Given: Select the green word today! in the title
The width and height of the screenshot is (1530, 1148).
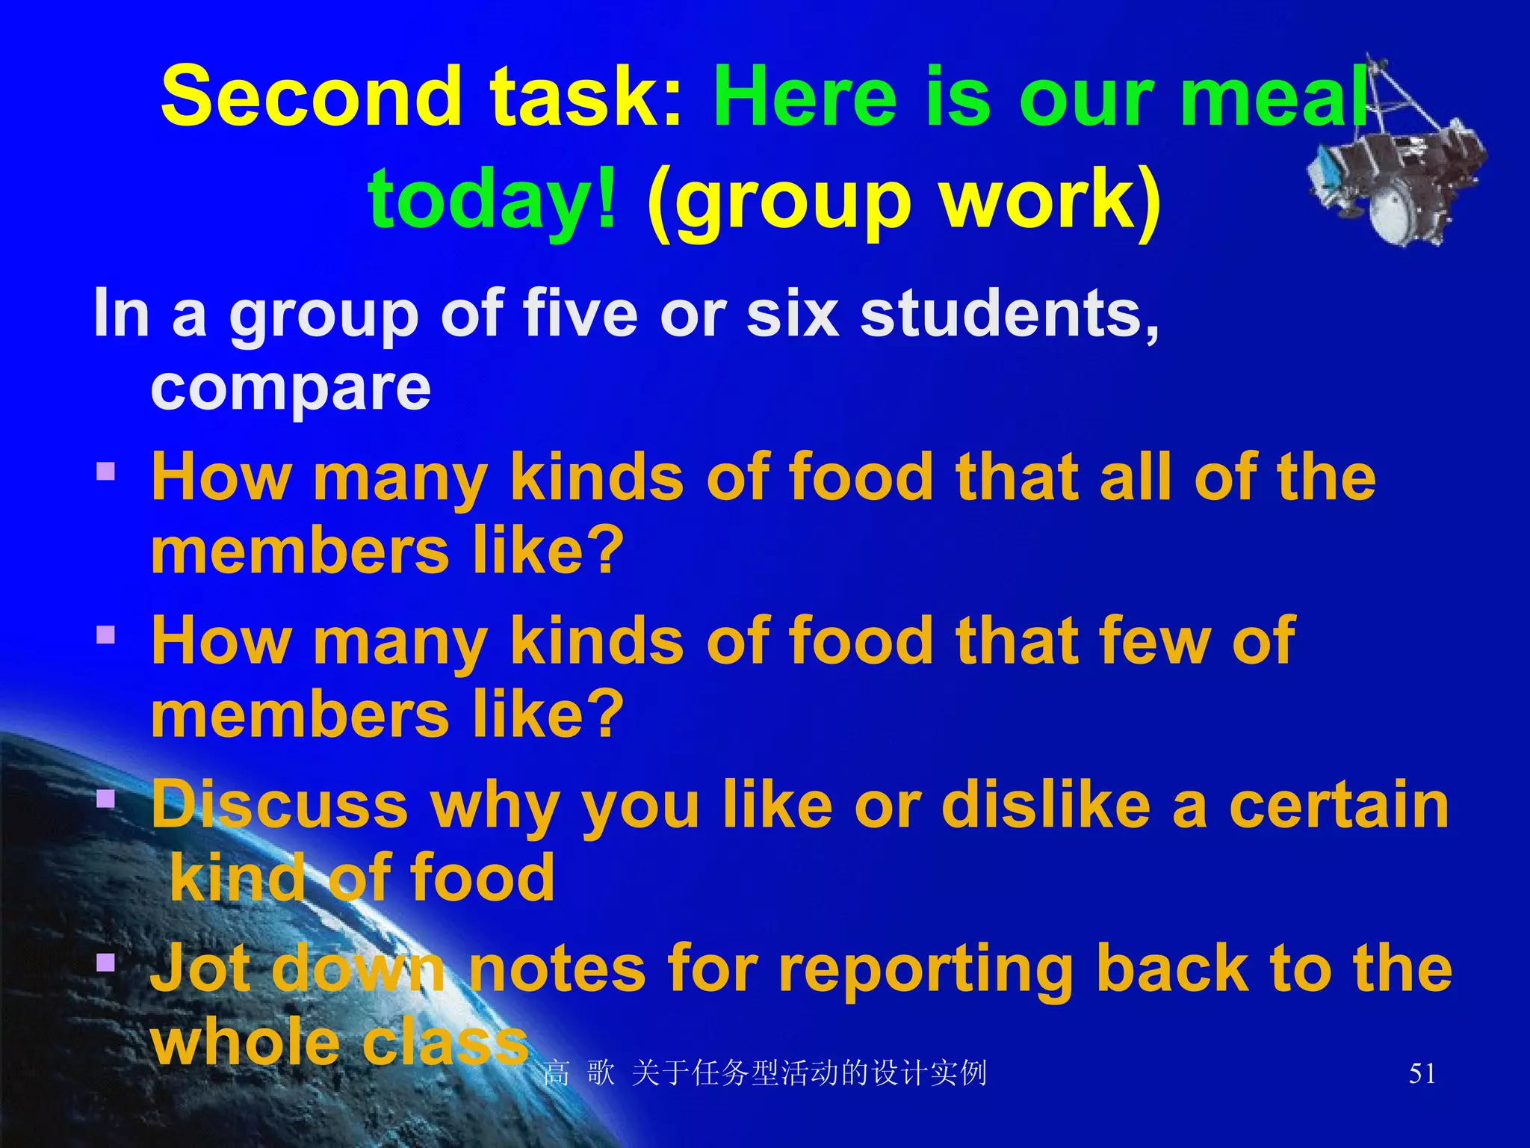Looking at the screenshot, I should click(x=493, y=199).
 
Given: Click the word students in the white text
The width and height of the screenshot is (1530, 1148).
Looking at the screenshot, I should click(x=1009, y=314).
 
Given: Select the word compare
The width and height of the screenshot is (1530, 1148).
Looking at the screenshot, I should click(x=291, y=389).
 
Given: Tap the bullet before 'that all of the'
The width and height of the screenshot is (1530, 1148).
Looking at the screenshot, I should click(x=106, y=472).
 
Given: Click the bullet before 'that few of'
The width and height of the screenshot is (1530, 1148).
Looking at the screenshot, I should click(x=106, y=635).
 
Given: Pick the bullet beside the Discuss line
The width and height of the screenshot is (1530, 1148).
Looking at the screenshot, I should click(x=106, y=799).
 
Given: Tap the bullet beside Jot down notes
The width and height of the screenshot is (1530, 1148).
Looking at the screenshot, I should click(x=106, y=962).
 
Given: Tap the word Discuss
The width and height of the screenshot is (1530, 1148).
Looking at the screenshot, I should click(x=279, y=806).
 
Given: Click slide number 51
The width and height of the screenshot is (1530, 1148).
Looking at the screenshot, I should click(x=1422, y=1074).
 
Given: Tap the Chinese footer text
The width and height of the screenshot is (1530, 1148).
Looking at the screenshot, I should click(x=765, y=1074).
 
